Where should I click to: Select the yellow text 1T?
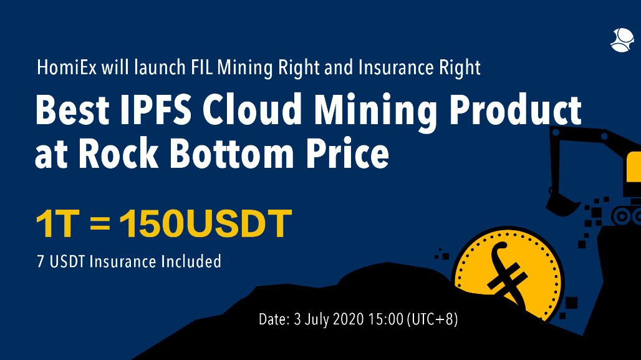pyautogui.click(x=56, y=224)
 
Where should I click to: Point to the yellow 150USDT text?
pyautogui.click(x=205, y=224)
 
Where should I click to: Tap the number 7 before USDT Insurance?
pyautogui.click(x=40, y=261)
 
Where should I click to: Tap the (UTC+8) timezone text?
pyautogui.click(x=432, y=320)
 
